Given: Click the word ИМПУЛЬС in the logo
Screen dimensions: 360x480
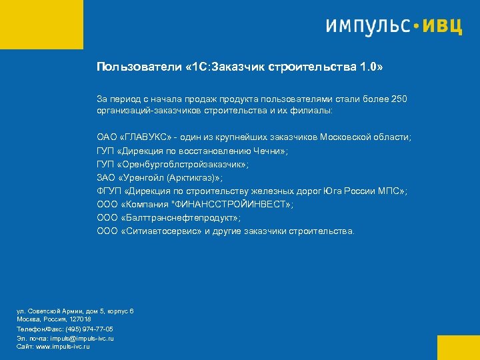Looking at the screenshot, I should click(368, 27).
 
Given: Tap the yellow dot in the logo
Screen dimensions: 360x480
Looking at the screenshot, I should click(417, 27).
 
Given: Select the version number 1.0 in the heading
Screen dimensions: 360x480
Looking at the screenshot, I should click(369, 67).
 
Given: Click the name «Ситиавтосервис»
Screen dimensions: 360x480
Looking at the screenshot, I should click(160, 231).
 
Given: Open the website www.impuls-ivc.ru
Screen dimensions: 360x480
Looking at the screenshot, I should click(63, 347).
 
